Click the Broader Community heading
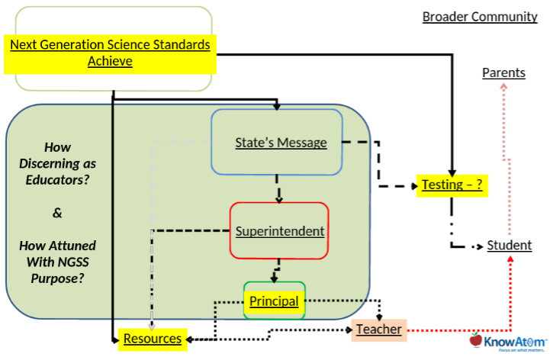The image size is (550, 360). click(x=480, y=17)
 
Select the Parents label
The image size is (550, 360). click(x=503, y=72)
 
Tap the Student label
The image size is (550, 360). click(x=510, y=245)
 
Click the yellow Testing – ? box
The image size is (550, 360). click(x=452, y=185)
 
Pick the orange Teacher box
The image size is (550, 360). click(x=379, y=329)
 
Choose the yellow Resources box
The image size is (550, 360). click(x=153, y=339)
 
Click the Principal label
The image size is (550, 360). click(x=274, y=301)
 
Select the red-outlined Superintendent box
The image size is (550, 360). click(x=279, y=231)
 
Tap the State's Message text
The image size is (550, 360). click(x=281, y=143)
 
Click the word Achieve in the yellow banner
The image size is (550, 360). click(x=110, y=61)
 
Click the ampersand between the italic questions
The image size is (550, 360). click(x=57, y=213)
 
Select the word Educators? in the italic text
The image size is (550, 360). click(x=57, y=180)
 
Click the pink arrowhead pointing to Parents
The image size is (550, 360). click(x=503, y=86)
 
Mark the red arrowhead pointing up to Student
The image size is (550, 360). click(x=511, y=259)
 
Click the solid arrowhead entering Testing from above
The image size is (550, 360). click(x=452, y=172)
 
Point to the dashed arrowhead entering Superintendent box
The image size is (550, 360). click(x=279, y=201)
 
